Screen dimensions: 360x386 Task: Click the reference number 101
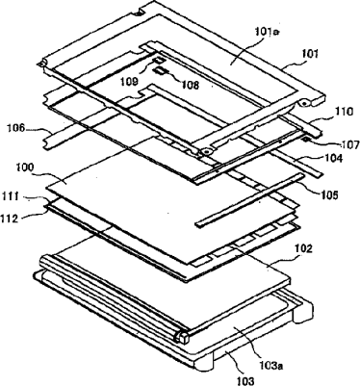click(309, 53)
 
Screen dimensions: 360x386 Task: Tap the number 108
click(190, 85)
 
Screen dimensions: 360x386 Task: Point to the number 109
click(129, 82)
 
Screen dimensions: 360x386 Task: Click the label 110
click(345, 112)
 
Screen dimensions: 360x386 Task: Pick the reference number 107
click(350, 145)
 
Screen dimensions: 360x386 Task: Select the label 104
click(333, 158)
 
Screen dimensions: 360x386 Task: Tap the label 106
click(16, 129)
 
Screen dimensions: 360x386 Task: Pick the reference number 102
click(302, 248)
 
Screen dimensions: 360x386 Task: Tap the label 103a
click(270, 365)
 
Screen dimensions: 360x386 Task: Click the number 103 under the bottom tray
click(245, 381)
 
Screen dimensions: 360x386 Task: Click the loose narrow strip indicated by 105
click(248, 200)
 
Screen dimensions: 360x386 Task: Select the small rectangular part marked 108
click(161, 70)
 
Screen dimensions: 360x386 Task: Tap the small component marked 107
click(307, 139)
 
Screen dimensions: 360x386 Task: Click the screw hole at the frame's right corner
click(303, 103)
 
